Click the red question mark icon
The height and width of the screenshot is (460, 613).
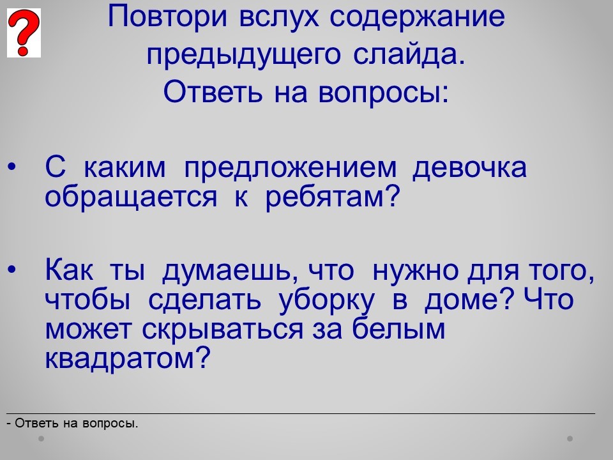[24, 33]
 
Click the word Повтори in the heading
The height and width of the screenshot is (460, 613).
[167, 17]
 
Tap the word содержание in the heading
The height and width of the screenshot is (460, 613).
[417, 18]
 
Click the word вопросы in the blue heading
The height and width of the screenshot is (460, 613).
[384, 93]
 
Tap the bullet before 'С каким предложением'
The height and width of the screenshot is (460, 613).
[12, 167]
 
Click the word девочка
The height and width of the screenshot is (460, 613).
[469, 167]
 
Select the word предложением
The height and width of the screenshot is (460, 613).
[290, 167]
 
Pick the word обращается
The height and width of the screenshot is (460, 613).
[130, 196]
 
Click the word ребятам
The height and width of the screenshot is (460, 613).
[332, 196]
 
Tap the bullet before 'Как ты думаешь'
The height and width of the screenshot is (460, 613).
[12, 270]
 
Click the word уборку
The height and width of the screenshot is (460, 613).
[326, 301]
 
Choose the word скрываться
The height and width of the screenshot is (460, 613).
[222, 330]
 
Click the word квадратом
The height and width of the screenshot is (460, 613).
[128, 358]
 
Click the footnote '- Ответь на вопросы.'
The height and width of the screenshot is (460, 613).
[73, 423]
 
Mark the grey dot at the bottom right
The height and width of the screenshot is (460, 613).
[570, 438]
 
